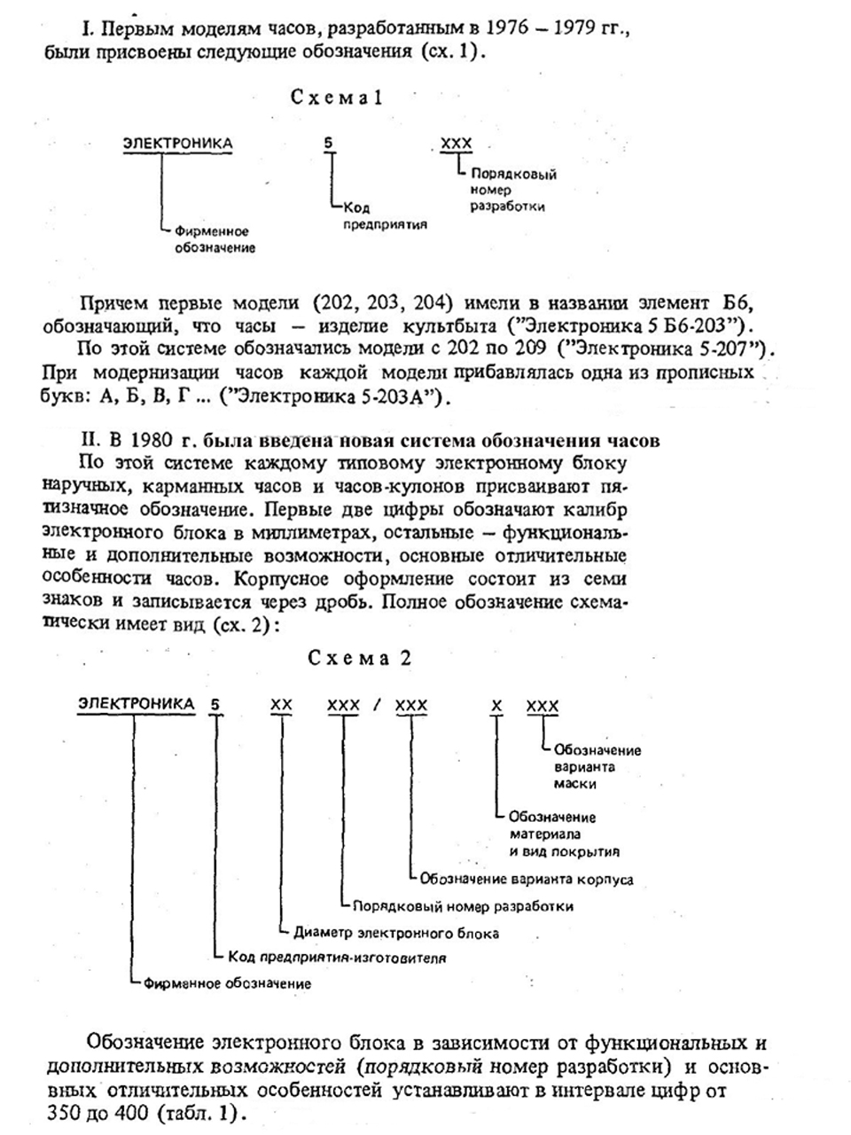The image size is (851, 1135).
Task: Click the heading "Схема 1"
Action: click(x=337, y=98)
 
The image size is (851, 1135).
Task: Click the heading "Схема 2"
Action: click(x=360, y=659)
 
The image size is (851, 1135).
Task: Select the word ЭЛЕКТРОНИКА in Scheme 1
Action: click(x=178, y=143)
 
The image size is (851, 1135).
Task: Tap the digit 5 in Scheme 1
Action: click(x=331, y=143)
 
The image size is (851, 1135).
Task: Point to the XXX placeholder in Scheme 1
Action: click(x=457, y=144)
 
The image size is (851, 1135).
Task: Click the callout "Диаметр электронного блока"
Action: click(x=396, y=933)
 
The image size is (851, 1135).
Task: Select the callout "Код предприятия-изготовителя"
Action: click(x=337, y=958)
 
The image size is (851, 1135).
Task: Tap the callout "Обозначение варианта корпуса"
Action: click(x=527, y=880)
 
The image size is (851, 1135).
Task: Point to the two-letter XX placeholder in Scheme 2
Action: click(x=281, y=705)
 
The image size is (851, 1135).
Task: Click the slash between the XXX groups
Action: click(x=377, y=705)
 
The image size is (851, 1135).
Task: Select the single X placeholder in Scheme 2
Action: click(x=497, y=705)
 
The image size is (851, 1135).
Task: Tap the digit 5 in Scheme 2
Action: click(x=215, y=706)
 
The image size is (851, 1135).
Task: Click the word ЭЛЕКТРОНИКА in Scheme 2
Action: click(x=136, y=704)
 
